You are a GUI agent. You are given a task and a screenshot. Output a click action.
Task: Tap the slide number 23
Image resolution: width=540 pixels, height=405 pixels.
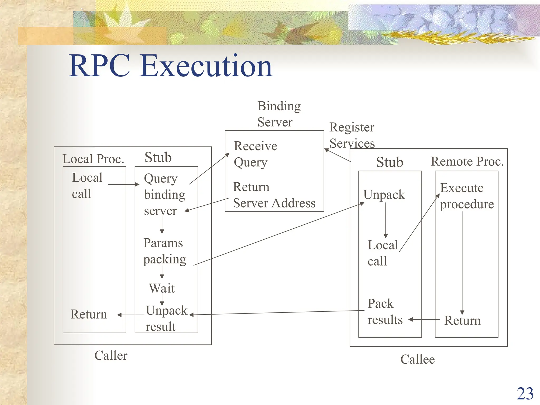click(525, 394)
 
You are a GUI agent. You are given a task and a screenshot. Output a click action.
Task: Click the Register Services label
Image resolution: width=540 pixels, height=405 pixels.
click(352, 135)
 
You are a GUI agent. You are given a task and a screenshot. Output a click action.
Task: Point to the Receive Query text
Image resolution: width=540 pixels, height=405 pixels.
click(255, 154)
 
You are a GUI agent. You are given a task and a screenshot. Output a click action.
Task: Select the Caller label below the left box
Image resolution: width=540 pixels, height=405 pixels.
click(111, 355)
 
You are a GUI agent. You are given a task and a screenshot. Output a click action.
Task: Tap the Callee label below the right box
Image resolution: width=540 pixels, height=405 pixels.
click(417, 359)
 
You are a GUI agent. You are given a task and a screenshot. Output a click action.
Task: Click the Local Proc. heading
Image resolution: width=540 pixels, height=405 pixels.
click(93, 159)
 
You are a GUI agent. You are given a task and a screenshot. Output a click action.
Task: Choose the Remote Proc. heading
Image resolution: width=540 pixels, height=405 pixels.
click(467, 161)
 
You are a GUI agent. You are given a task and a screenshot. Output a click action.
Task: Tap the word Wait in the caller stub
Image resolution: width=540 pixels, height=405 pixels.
click(161, 288)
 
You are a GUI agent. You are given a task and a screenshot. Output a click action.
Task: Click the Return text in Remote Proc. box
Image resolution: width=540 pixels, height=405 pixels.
click(462, 321)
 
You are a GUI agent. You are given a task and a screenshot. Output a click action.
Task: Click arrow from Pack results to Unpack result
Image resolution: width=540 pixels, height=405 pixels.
click(277, 312)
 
